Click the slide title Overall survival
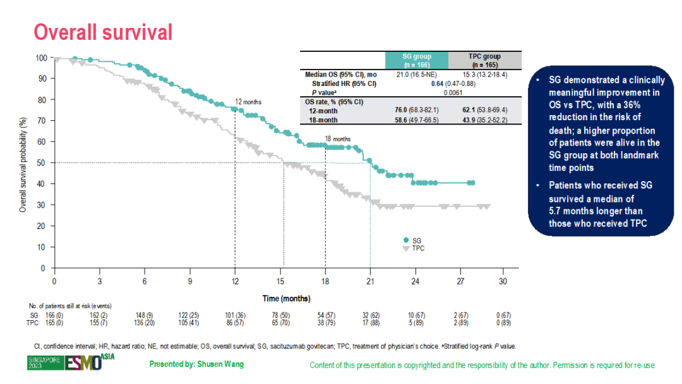(102, 32)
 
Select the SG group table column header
(417, 60)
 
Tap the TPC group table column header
(484, 60)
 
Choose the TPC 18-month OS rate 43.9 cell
(484, 120)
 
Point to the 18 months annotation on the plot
(337, 139)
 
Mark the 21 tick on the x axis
(370, 280)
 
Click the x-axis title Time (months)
(286, 298)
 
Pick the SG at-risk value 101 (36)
(235, 314)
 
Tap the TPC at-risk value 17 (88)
(370, 323)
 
